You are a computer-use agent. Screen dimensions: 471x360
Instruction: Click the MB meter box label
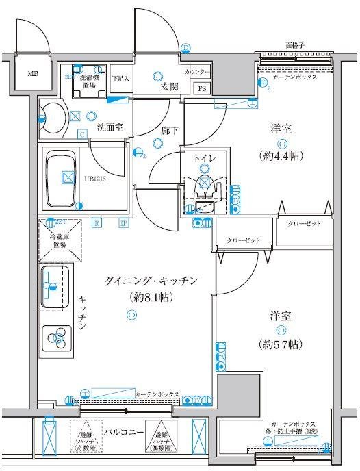[x=33, y=73]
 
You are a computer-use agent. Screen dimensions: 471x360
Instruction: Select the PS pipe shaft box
[x=202, y=88]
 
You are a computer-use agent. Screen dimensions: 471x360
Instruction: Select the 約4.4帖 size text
[x=282, y=155]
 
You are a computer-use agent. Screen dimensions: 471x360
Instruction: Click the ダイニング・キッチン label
[x=151, y=281]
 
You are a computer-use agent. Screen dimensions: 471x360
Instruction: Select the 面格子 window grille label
[x=296, y=45]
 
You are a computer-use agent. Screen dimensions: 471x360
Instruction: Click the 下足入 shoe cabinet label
[x=120, y=79]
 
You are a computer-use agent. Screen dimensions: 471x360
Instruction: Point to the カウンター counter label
[x=196, y=71]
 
